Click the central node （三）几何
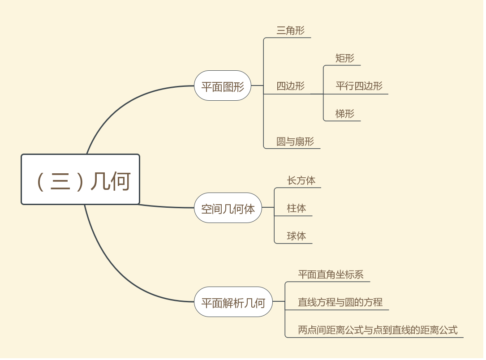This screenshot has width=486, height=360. [81, 180]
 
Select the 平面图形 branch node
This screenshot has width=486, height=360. [223, 86]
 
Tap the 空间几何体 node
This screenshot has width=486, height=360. [228, 208]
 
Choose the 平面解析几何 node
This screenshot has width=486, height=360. [233, 302]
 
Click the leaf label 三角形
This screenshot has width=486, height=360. [290, 30]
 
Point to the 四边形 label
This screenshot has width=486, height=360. [290, 86]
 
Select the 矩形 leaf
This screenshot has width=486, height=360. [344, 58]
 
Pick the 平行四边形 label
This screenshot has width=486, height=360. [359, 86]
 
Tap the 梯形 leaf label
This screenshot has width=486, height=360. [344, 114]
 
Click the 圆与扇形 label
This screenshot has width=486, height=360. [295, 141]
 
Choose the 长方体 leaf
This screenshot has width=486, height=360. [301, 180]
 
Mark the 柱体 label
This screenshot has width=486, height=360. [297, 208]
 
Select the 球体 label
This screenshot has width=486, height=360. [297, 236]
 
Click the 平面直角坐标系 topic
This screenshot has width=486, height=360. [331, 274]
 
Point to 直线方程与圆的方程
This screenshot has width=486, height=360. [340, 302]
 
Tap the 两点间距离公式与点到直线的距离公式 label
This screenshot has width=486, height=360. [378, 330]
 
